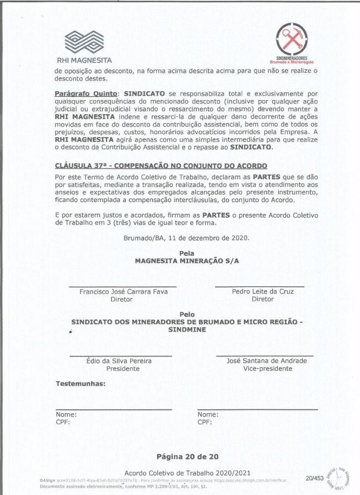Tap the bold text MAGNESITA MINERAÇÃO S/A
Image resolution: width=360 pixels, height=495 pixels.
[x=187, y=261]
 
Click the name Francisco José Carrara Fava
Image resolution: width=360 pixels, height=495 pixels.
[x=123, y=292]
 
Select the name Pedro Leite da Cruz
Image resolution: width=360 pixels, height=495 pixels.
[x=262, y=292]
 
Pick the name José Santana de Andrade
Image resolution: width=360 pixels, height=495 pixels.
[x=266, y=361]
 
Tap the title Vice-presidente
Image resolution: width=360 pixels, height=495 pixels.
[x=267, y=369]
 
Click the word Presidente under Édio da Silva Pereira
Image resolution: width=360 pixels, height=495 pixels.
[x=123, y=369]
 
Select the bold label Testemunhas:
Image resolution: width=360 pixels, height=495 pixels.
[x=81, y=384]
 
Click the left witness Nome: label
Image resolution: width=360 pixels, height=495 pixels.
[x=66, y=415]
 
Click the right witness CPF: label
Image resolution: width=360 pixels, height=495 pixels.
[x=205, y=423]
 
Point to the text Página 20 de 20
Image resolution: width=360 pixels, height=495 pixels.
[x=187, y=456]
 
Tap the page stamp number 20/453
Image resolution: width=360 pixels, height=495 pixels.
[x=314, y=478]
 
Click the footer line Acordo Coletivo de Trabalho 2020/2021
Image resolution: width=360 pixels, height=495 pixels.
[x=187, y=473]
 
